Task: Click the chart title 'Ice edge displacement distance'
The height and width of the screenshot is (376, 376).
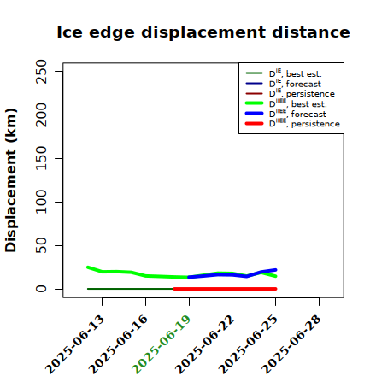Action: [203, 32]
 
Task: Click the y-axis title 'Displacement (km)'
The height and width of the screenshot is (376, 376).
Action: [11, 180]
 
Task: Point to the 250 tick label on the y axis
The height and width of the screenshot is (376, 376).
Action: [41, 72]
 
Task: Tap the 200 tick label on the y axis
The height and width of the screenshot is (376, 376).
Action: [41, 115]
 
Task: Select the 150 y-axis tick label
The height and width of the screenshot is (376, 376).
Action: [41, 158]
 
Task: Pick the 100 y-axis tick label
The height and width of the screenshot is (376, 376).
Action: [41, 202]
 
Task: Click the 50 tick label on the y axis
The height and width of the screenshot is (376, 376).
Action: [41, 245]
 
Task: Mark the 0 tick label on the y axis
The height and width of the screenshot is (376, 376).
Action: [41, 289]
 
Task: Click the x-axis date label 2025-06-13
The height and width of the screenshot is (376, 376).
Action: [75, 344]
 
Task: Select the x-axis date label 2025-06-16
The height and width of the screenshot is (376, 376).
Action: [118, 344]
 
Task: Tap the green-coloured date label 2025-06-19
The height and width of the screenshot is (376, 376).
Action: [162, 344]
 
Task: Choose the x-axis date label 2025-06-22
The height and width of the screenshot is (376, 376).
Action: [205, 344]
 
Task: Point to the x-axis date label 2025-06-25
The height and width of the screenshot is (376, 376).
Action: [249, 344]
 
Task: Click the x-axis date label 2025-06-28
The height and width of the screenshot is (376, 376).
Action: [291, 344]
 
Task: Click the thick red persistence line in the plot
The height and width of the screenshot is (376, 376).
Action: [225, 289]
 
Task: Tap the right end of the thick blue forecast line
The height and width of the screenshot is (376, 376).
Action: [276, 270]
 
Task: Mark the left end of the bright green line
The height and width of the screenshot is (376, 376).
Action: [88, 267]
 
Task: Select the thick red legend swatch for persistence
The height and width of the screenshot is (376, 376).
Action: [254, 124]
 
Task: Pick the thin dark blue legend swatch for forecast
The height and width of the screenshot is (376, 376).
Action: [254, 84]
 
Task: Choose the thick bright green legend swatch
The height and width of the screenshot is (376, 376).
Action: [254, 103]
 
